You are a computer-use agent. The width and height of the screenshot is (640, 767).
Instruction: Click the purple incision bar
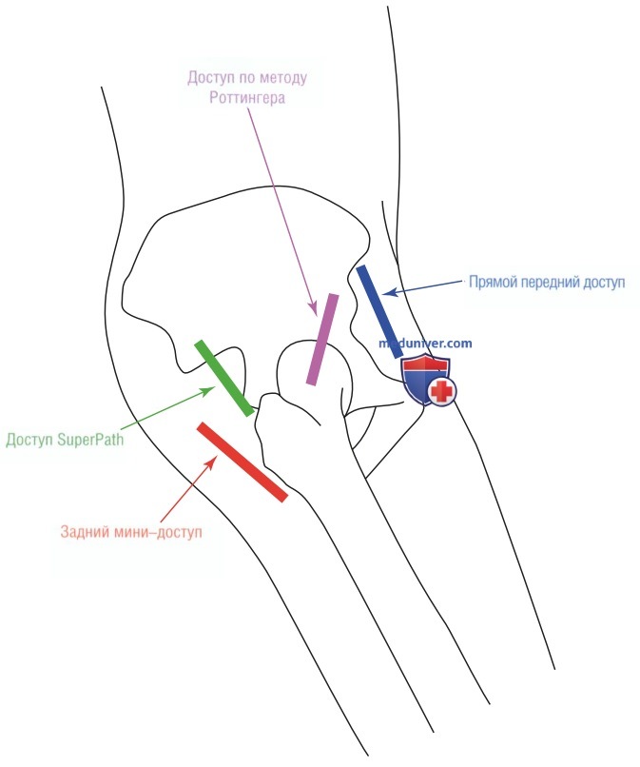[x=322, y=340]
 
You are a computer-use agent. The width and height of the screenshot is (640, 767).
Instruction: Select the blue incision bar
[x=379, y=312]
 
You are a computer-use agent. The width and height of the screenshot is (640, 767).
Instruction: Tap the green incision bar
[x=224, y=379]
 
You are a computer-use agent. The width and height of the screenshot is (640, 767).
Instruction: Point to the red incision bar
[x=242, y=462]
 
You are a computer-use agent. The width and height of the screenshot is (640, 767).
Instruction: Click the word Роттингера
[x=247, y=98]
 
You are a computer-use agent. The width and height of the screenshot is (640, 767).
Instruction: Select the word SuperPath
[x=90, y=440]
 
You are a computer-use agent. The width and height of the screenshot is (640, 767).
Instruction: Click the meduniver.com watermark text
[x=425, y=344]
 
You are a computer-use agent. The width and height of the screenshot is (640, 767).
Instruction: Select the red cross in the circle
[x=442, y=392]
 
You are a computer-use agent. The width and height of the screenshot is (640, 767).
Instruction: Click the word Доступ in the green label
[x=29, y=440]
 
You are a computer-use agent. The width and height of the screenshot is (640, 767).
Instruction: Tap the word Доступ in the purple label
[x=211, y=78]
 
